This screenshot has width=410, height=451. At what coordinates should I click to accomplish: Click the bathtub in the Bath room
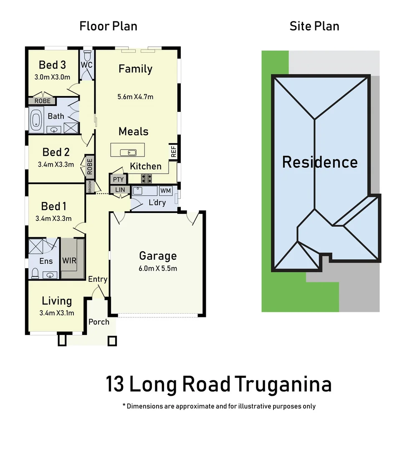36,119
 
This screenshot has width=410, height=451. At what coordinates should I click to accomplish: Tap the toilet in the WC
87,56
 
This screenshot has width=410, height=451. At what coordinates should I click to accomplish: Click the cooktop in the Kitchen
146,179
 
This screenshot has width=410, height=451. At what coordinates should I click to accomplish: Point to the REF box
174,151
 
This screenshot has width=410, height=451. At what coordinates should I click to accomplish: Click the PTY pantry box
119,179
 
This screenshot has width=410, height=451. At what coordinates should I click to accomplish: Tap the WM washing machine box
165,191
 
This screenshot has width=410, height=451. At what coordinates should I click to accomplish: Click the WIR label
69,260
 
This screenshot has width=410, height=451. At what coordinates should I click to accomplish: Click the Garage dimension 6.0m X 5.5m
158,268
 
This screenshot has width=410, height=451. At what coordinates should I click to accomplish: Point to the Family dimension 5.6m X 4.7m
135,97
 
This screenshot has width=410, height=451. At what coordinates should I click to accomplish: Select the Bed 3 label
52,65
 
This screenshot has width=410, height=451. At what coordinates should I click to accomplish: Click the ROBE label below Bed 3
42,101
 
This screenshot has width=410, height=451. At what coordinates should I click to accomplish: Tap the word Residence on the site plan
320,162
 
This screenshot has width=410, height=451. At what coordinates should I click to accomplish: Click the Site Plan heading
314,26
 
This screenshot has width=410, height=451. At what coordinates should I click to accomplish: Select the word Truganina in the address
283,384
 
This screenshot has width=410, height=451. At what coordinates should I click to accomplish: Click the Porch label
99,322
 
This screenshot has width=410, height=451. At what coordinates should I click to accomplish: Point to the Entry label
98,279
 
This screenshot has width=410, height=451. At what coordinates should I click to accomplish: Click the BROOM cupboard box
90,187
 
